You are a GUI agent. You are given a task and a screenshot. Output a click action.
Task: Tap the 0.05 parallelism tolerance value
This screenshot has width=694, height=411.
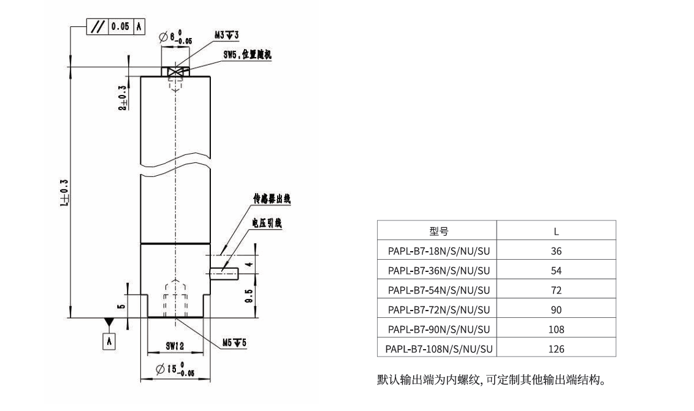coord(119,26)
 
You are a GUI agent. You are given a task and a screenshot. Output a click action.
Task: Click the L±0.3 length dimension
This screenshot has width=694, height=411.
coord(63,190)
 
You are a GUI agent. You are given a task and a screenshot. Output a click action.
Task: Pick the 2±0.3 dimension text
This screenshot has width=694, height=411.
coord(122,98)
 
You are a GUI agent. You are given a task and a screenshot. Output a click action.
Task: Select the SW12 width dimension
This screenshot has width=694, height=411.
coord(175,345)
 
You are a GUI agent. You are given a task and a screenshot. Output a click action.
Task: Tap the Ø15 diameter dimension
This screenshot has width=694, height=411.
coord(177,369)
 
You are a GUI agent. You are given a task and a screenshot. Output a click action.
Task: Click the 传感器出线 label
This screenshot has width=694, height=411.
coord(272,200)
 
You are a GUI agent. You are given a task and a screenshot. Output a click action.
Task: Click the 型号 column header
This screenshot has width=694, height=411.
coord(437,232)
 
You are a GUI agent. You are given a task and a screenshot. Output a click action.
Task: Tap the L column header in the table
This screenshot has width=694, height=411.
coord(555,232)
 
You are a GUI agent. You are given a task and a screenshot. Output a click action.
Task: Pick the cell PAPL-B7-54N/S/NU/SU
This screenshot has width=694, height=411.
coord(437,290)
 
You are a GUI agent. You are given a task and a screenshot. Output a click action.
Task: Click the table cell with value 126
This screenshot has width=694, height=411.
coord(555,349)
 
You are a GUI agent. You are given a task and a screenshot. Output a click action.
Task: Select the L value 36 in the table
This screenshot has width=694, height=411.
coord(555,251)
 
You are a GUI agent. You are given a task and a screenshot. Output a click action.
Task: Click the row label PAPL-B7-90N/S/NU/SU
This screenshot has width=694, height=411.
coord(437,329)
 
